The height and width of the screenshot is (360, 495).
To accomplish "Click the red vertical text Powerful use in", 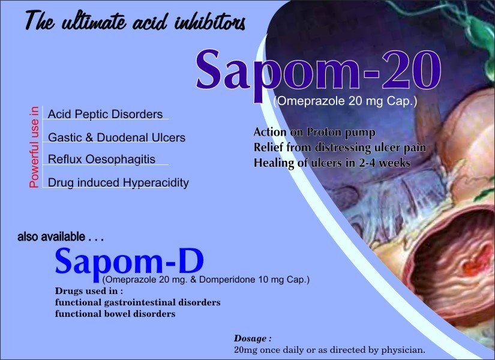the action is pyautogui.click(x=34, y=147).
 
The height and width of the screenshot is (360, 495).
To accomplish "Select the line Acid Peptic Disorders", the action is pyautogui.click(x=105, y=115).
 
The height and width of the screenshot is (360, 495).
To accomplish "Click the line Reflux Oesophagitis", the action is pyautogui.click(x=101, y=160).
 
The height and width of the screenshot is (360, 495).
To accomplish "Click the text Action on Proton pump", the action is pyautogui.click(x=314, y=133).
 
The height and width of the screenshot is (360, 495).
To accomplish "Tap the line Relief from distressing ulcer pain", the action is pyautogui.click(x=340, y=148).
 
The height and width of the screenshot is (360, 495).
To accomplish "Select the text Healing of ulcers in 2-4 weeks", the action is pyautogui.click(x=332, y=163).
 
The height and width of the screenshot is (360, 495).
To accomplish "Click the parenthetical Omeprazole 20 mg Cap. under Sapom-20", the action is pyautogui.click(x=345, y=101).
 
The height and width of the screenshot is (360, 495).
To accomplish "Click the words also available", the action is pyautogui.click(x=51, y=237).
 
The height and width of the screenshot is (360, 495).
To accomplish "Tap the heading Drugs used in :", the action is pyautogui.click(x=89, y=291).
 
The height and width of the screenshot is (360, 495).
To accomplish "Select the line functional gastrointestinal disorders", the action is pyautogui.click(x=137, y=302).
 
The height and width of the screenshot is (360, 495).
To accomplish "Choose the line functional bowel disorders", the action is pyautogui.click(x=115, y=314).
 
